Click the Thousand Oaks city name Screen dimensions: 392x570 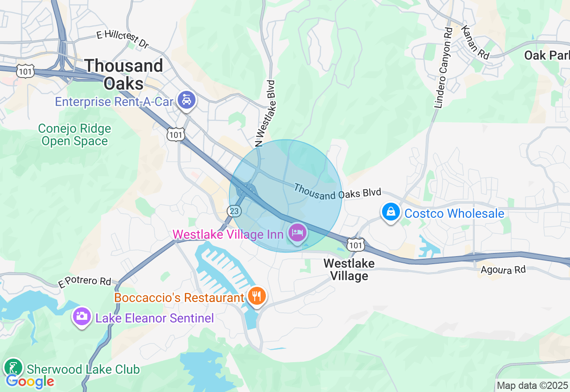tap(123, 74)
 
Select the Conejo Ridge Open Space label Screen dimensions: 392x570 tap(74, 135)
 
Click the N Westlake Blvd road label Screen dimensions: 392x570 tap(265, 114)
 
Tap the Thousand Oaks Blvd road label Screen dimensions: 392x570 tap(337, 191)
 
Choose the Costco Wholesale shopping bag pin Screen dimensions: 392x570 tap(391, 212)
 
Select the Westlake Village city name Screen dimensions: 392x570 tap(349, 269)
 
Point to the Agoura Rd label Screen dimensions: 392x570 tap(503, 269)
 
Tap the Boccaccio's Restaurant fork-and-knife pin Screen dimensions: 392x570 tap(256, 296)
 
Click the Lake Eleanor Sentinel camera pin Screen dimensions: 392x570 tap(81, 316)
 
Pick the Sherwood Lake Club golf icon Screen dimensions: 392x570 tap(13, 367)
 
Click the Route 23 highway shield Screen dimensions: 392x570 tap(234, 210)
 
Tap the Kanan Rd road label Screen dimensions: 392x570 tap(475, 42)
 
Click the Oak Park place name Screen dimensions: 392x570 tap(547, 56)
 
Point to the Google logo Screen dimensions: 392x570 tap(30, 382)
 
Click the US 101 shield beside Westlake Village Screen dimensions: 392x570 tap(357, 244)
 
